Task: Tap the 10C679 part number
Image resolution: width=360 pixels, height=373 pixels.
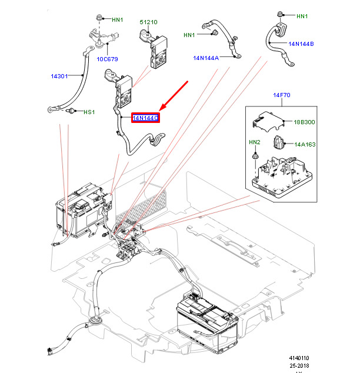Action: tap(108, 59)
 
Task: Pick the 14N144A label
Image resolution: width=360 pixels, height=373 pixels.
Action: tap(206, 58)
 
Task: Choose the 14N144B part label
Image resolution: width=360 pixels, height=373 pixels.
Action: tap(301, 44)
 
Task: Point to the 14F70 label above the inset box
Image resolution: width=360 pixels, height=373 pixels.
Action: tap(281, 95)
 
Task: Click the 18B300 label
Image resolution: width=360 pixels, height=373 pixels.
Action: tap(305, 122)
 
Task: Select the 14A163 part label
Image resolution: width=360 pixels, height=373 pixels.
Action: tap(305, 144)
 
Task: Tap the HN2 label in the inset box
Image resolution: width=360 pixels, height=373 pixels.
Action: tap(254, 142)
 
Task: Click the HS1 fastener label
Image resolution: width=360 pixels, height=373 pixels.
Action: tap(88, 112)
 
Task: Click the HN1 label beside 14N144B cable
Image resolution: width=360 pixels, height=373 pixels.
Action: tap(302, 16)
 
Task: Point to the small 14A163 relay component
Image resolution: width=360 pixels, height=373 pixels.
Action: tap(280, 143)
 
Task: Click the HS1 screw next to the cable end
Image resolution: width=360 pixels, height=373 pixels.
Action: tap(72, 110)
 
